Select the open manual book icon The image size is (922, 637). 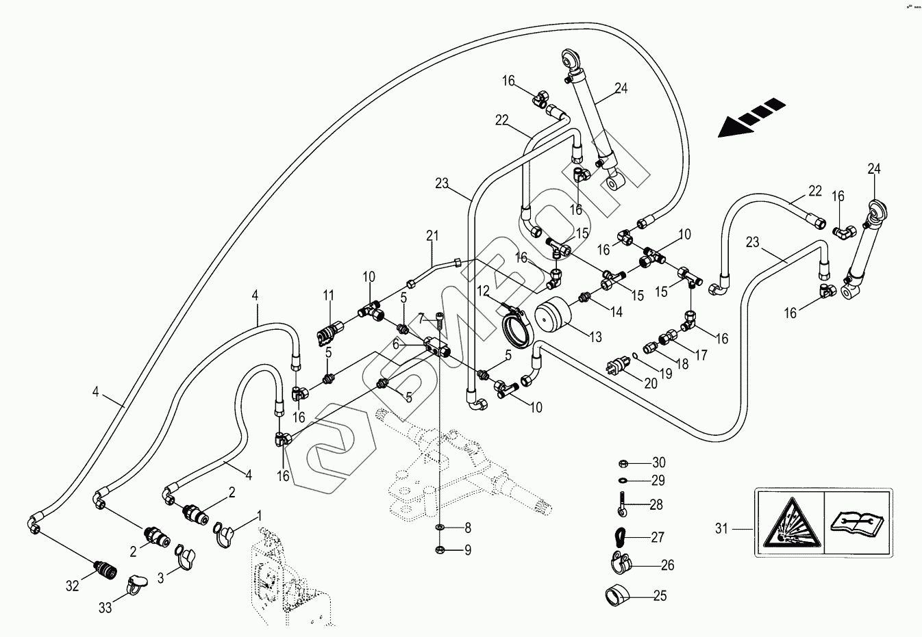tap(856, 523)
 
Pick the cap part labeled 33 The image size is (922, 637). tap(138, 583)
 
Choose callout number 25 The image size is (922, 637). tap(660, 596)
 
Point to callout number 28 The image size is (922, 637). tap(656, 505)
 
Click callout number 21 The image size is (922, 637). tap(432, 236)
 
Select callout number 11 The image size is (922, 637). tap(329, 296)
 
